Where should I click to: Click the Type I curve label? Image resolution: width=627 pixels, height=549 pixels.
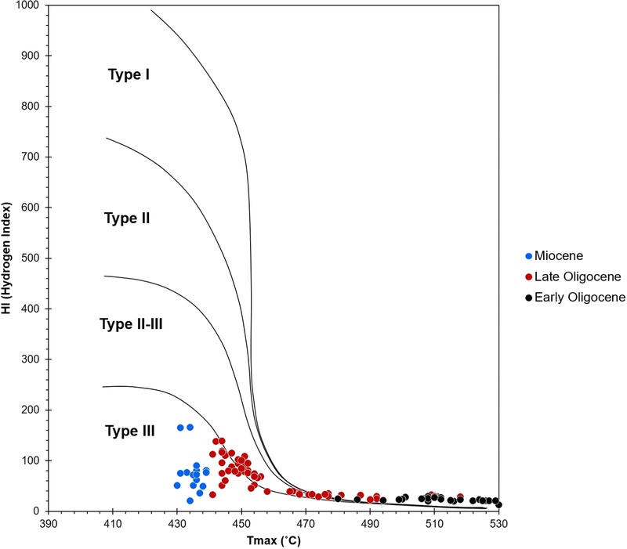click(x=129, y=75)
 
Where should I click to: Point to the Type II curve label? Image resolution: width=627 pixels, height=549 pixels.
click(x=127, y=219)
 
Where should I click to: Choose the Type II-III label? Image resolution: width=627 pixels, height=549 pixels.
click(x=131, y=324)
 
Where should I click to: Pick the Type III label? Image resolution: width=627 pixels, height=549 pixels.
click(x=129, y=431)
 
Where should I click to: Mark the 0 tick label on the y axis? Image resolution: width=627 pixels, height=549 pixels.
click(x=38, y=511)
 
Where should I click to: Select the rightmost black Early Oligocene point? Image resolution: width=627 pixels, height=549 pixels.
click(x=498, y=504)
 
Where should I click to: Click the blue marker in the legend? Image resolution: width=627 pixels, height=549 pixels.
click(x=529, y=256)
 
